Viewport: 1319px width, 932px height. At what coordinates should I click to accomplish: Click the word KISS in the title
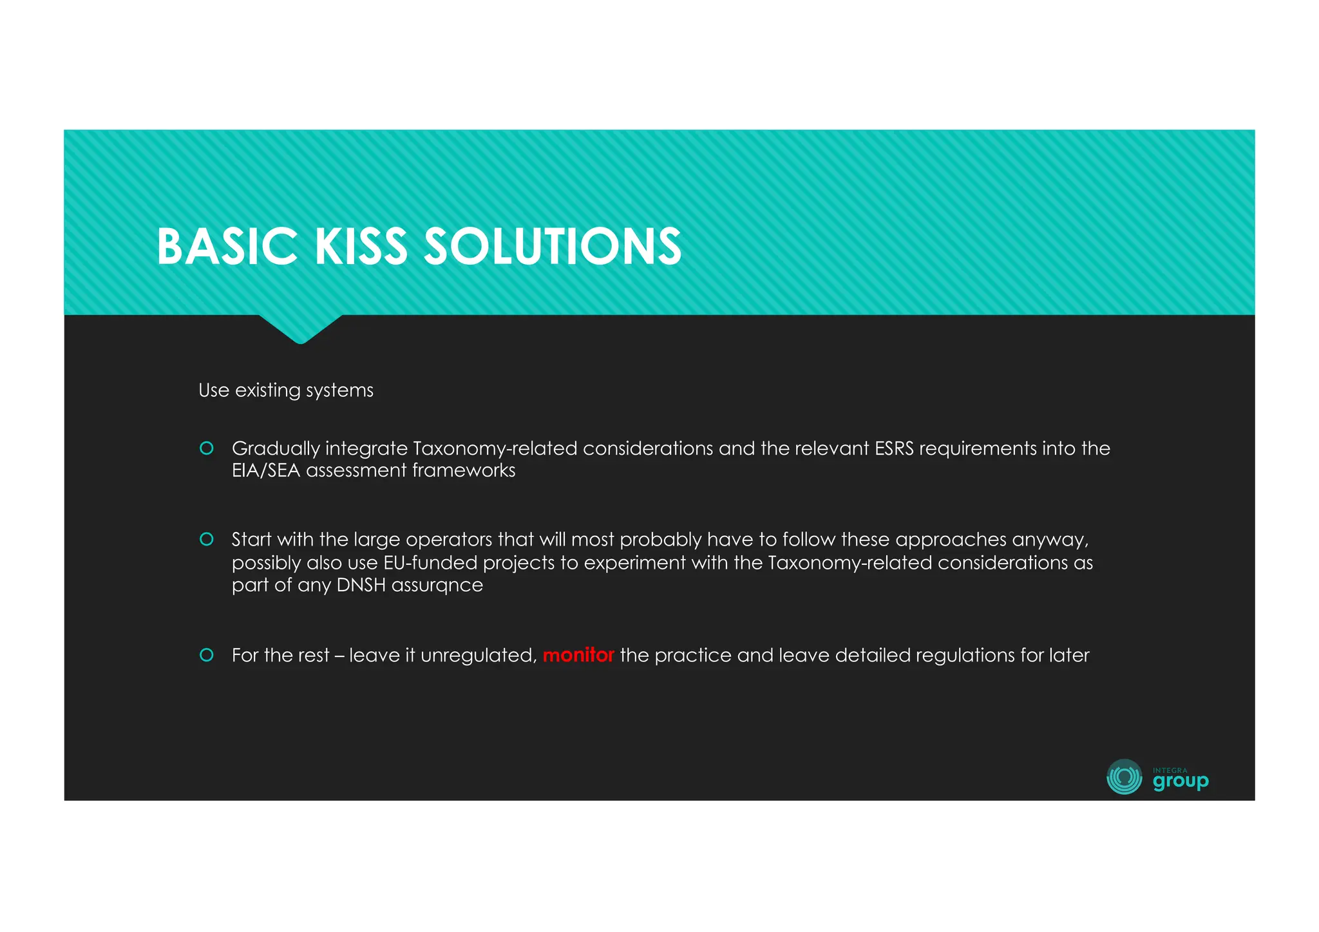point(361,247)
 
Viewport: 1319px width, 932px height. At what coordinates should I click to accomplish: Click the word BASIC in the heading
point(227,247)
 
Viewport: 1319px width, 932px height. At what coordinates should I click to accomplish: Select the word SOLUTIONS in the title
point(552,247)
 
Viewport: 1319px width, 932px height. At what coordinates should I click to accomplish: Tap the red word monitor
point(578,655)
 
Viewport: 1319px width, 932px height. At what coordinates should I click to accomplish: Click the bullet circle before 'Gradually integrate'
point(207,448)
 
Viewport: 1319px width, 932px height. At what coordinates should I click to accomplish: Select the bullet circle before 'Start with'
point(207,539)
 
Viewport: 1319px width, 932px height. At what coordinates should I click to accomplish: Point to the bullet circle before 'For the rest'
point(207,655)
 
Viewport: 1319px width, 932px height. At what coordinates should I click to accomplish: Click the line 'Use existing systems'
point(285,390)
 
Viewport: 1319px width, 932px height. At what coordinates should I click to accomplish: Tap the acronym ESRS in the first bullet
point(894,448)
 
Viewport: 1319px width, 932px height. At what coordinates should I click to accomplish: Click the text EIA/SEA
point(266,471)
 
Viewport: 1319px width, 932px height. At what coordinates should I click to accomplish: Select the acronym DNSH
point(361,585)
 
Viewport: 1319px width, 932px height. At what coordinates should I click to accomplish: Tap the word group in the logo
point(1180,781)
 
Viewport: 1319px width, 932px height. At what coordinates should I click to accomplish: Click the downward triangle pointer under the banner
point(300,328)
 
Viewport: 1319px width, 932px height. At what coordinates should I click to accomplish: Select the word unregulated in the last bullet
point(478,655)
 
